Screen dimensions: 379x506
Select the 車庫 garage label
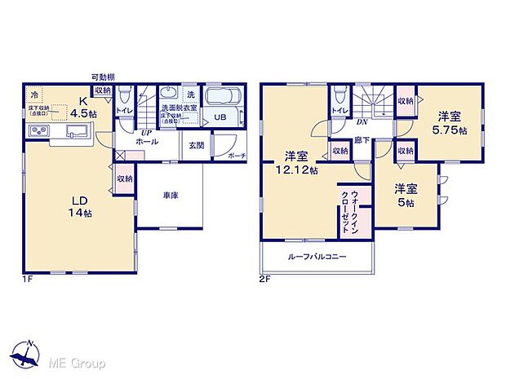tap(170, 196)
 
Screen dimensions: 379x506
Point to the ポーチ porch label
tap(235, 155)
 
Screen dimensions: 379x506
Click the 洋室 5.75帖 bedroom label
tap(451, 123)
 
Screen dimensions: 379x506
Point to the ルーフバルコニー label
tap(317, 257)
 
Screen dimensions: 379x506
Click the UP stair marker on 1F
tap(147, 132)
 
